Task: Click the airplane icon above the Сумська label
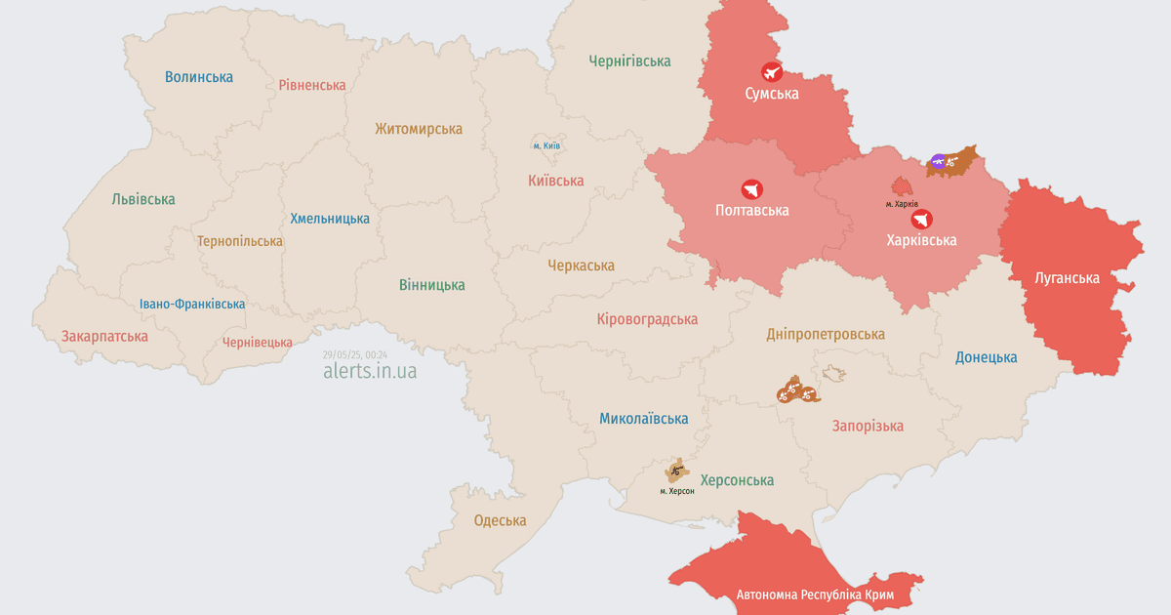pos(771,71)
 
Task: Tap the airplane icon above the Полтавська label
pos(751,188)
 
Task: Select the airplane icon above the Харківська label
pos(921,219)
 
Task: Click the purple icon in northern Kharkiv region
pos(938,161)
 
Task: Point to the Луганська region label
pos(1067,278)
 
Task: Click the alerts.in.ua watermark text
pos(370,371)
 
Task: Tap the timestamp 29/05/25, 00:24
pos(354,354)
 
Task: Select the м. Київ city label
pos(546,145)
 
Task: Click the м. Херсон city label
pos(676,490)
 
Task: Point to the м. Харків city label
pos(902,204)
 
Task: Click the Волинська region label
pos(199,76)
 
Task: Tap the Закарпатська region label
pos(104,336)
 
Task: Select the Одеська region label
pos(500,520)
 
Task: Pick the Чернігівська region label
pos(629,61)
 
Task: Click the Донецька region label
pos(986,357)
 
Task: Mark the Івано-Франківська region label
pos(192,304)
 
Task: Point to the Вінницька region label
pos(431,285)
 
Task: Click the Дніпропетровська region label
pos(826,334)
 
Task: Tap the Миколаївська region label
pos(643,419)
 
